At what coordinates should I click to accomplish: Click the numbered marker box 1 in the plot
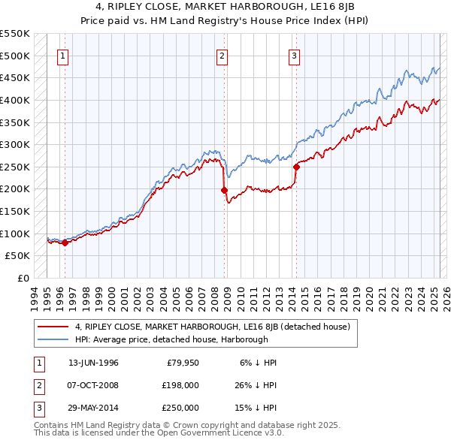click(62, 55)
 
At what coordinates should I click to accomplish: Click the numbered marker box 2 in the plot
click(222, 55)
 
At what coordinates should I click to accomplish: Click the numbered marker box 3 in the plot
click(294, 55)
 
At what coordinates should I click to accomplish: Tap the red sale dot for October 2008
click(225, 190)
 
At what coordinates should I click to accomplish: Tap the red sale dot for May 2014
click(296, 167)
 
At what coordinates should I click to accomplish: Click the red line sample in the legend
click(53, 327)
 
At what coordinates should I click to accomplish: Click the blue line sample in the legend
click(53, 339)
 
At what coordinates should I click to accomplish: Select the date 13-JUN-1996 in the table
click(93, 363)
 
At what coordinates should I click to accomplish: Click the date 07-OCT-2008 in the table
click(93, 385)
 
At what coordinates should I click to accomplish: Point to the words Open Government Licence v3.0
click(218, 433)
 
